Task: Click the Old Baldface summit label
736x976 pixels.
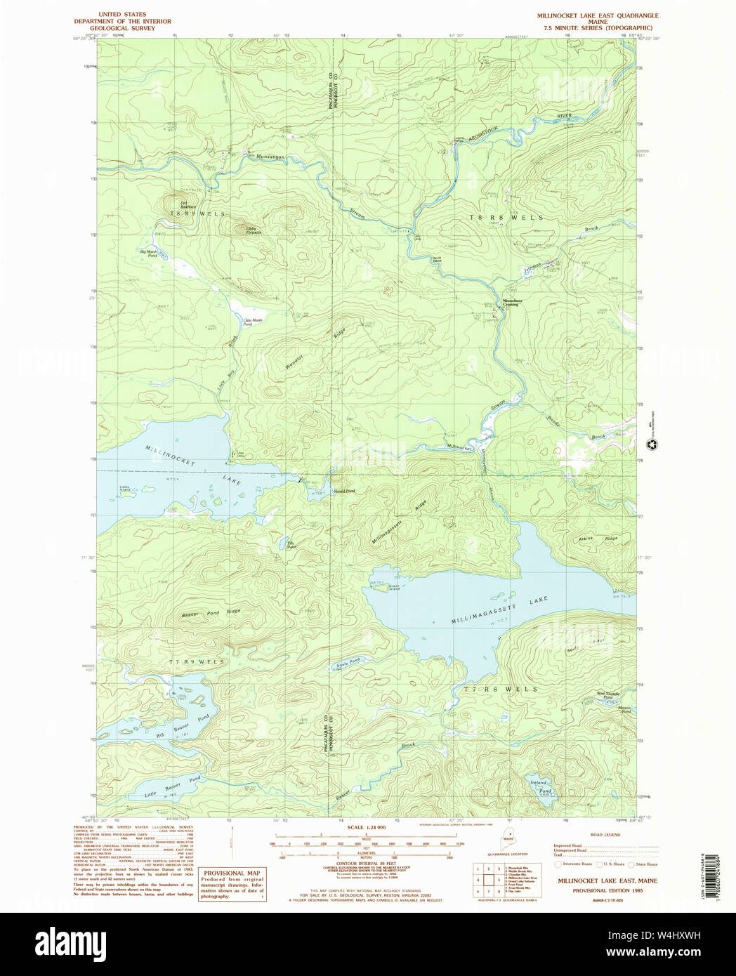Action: [x=185, y=205]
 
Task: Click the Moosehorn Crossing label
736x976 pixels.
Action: [x=511, y=303]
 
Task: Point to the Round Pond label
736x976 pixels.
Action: [x=344, y=491]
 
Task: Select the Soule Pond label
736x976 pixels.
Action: [x=346, y=661]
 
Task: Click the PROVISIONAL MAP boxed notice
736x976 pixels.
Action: [x=232, y=884]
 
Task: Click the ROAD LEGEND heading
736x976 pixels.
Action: [x=605, y=835]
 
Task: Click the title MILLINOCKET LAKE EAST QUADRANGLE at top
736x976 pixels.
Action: [x=598, y=15]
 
